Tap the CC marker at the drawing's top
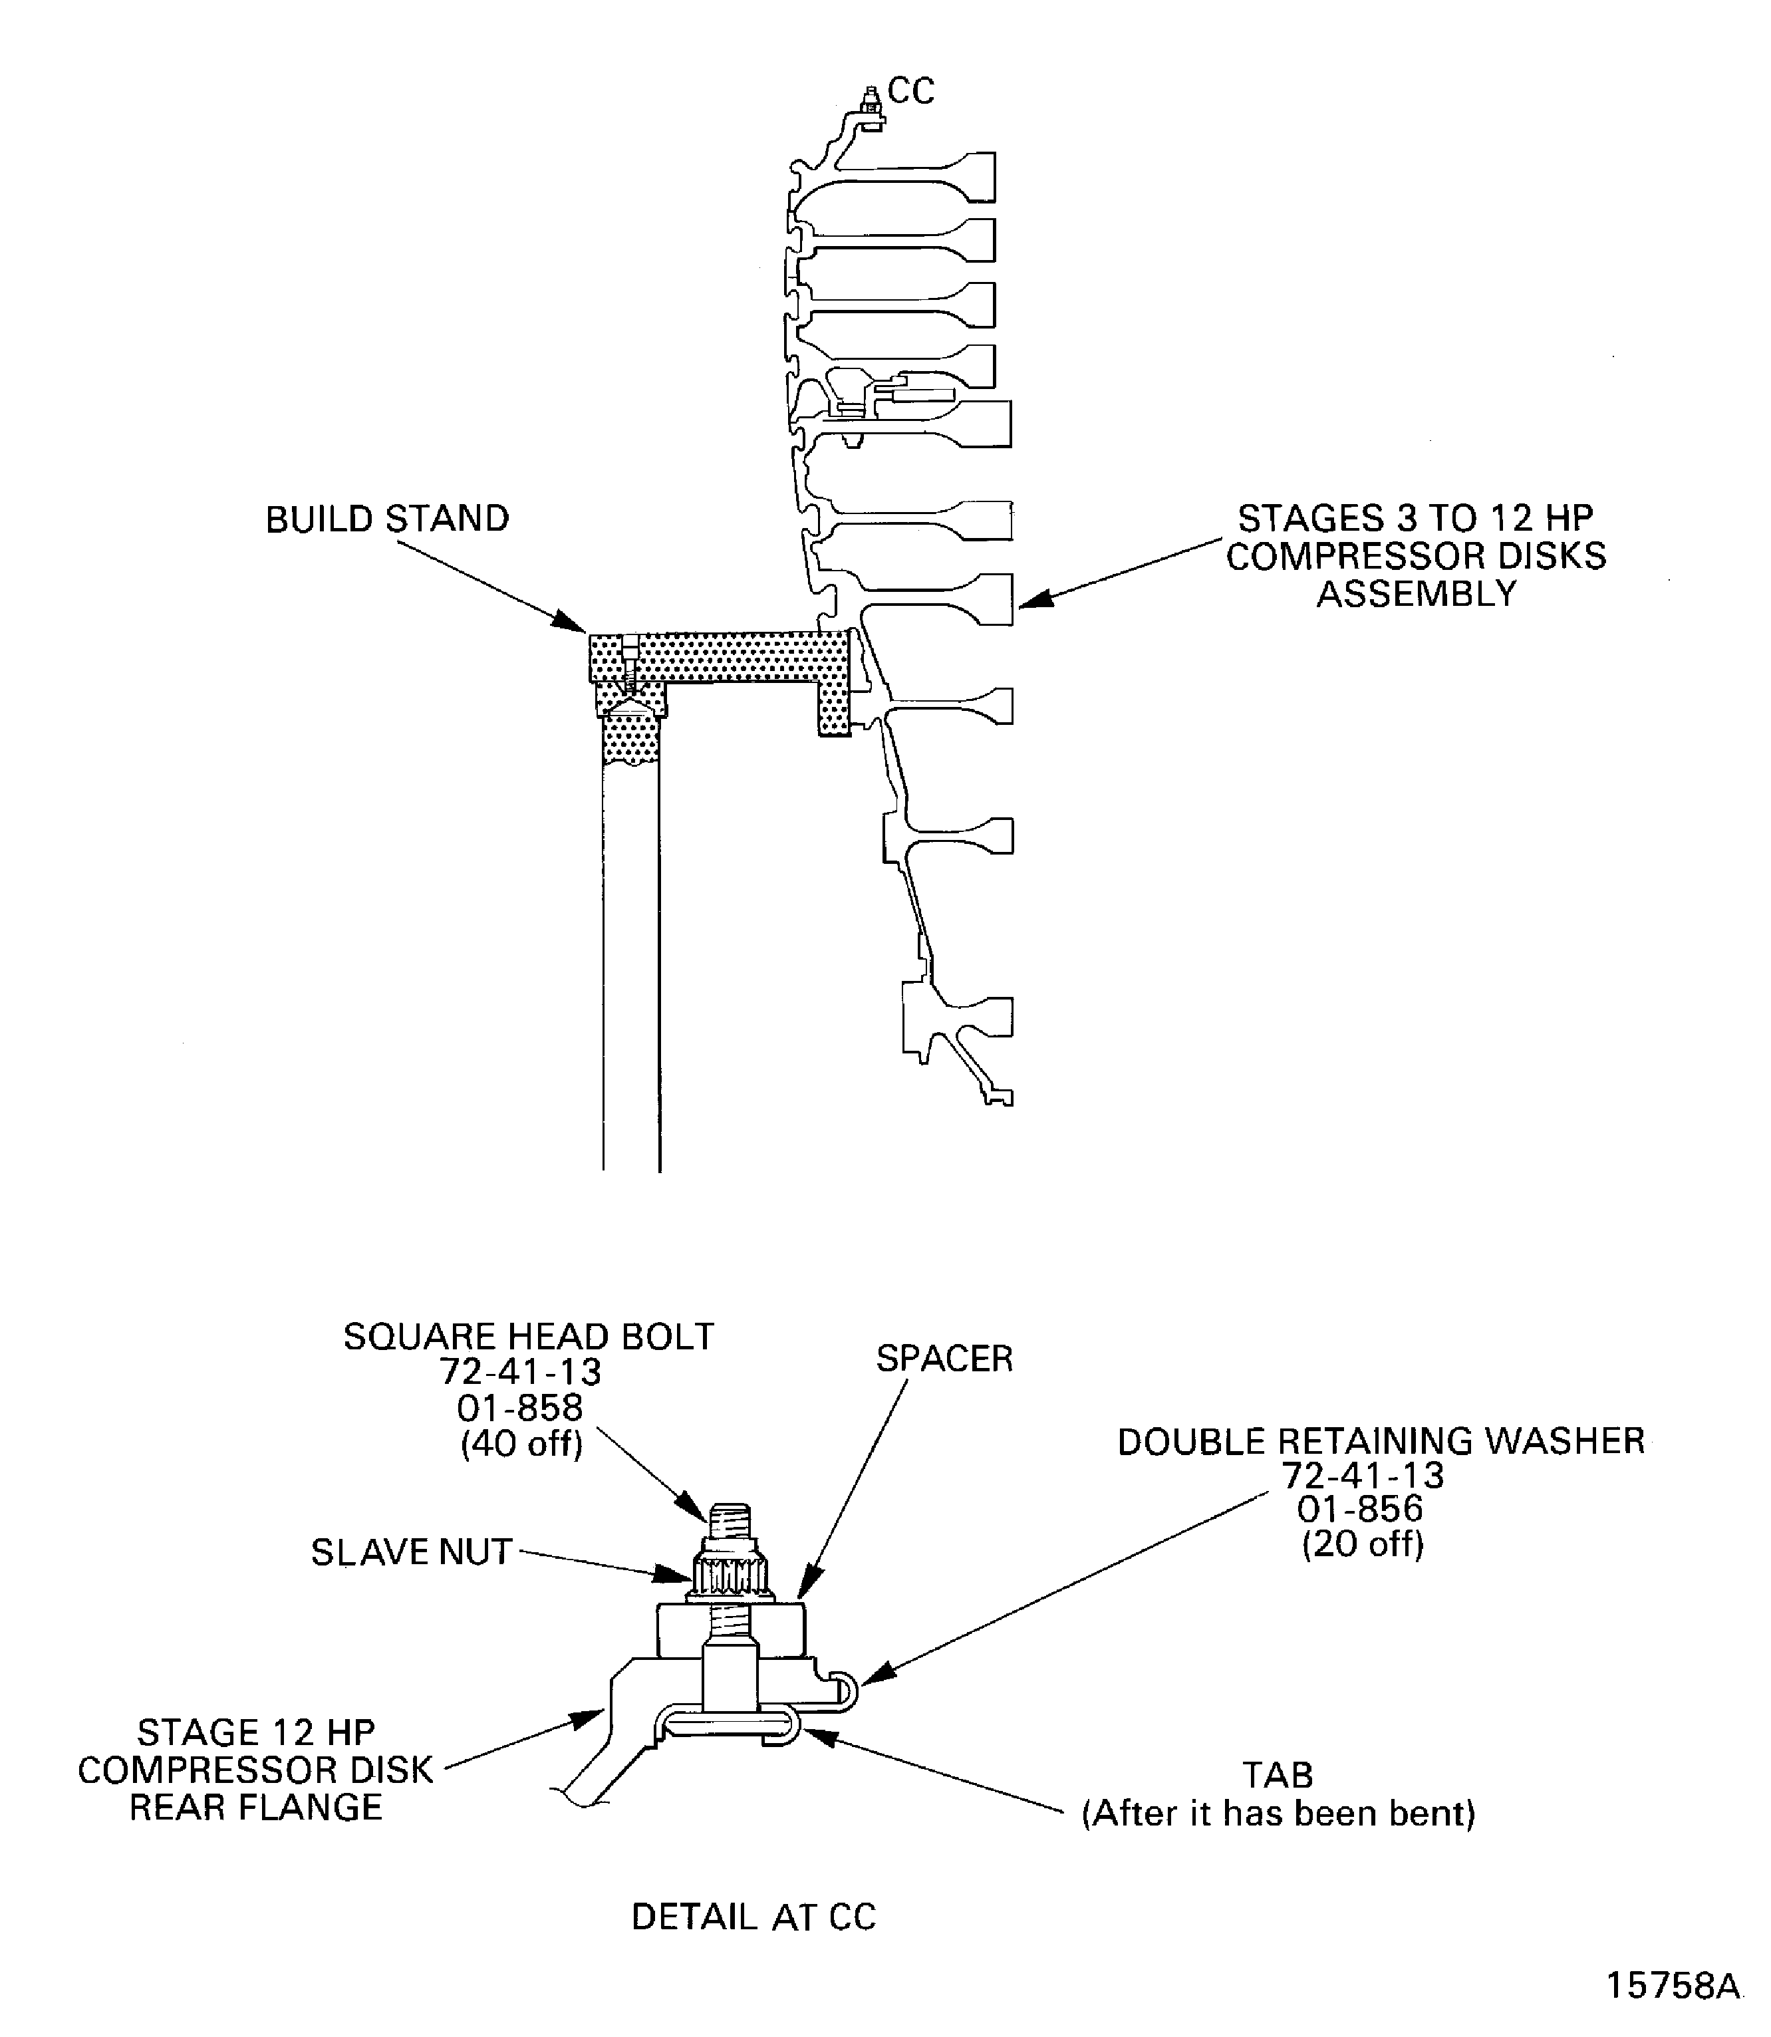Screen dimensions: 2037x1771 [910, 91]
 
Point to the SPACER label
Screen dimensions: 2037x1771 [944, 1358]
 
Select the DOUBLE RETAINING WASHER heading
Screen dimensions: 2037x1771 [1380, 1441]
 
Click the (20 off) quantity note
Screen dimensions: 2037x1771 [1362, 1544]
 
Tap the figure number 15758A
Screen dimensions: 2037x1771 [1672, 1986]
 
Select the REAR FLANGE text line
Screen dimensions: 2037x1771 [256, 1808]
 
